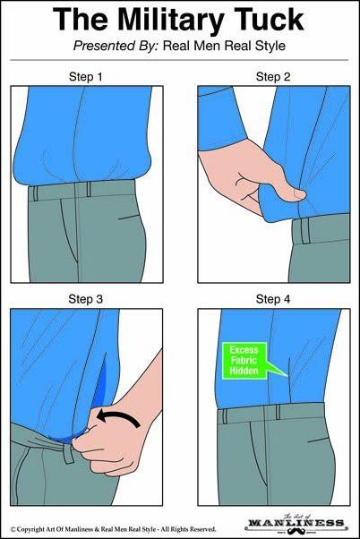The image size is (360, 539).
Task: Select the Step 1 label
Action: click(86, 77)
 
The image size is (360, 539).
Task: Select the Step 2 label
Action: click(273, 77)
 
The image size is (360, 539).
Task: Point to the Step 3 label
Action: click(86, 299)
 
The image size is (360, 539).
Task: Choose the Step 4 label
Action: click(273, 299)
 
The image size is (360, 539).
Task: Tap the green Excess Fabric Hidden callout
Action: click(244, 361)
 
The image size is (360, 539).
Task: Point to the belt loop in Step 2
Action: click(305, 231)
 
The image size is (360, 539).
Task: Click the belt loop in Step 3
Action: click(68, 453)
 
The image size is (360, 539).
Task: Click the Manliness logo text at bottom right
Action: click(296, 523)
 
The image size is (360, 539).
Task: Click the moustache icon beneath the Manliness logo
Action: click(296, 531)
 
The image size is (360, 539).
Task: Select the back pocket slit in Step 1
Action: click(129, 217)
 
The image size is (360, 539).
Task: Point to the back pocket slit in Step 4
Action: click(319, 440)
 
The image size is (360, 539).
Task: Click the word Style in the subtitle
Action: click(270, 46)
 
